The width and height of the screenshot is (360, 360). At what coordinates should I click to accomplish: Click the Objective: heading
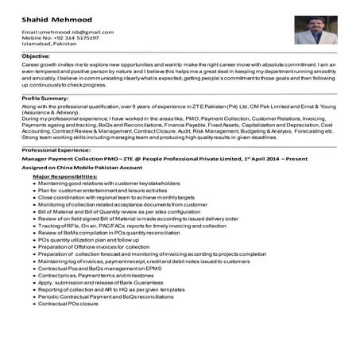point(37,57)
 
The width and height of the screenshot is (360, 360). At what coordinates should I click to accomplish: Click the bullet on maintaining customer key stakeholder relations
point(110,184)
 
